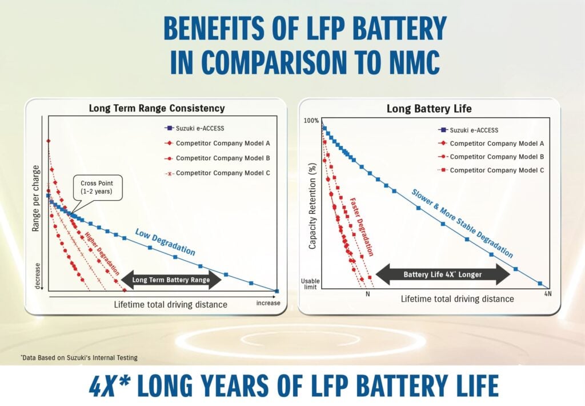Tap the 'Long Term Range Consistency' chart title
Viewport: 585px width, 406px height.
pos(157,108)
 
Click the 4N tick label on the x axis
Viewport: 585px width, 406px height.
pos(547,294)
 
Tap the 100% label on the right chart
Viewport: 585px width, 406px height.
pos(312,121)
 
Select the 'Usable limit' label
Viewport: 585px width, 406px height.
pos(311,284)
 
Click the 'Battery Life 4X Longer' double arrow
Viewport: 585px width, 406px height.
pos(442,274)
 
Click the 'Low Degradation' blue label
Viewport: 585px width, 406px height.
pos(165,242)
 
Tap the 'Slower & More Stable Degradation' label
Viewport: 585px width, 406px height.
pos(462,223)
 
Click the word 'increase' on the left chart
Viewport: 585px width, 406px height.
pos(268,303)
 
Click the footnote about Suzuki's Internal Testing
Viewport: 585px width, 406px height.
pos(79,357)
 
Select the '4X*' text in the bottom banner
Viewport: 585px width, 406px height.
pos(110,386)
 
